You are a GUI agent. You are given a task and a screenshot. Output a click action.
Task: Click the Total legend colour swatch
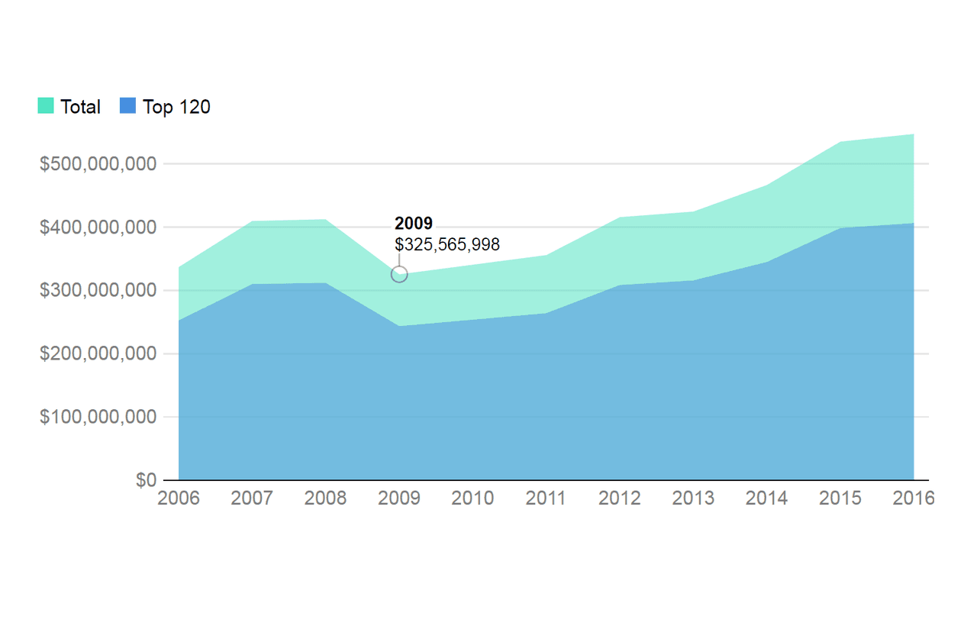click(x=46, y=106)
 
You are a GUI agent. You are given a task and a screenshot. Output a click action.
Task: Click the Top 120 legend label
click(x=176, y=107)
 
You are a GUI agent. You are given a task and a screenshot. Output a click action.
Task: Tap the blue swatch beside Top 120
click(x=127, y=106)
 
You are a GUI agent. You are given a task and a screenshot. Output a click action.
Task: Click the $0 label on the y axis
click(x=146, y=480)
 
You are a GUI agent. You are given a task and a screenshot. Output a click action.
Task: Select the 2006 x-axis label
click(x=178, y=498)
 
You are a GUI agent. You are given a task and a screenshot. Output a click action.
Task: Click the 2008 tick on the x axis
click(x=325, y=498)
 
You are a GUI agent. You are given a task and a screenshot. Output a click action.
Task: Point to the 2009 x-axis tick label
click(x=399, y=498)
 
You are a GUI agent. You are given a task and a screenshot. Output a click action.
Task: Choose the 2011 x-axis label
click(x=547, y=498)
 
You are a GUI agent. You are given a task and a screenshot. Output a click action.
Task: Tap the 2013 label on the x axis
click(x=693, y=498)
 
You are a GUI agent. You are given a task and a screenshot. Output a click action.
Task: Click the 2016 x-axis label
click(x=914, y=498)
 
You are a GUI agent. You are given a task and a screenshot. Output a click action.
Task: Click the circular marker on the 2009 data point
click(x=399, y=274)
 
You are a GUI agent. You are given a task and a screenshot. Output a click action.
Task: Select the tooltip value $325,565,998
click(x=447, y=244)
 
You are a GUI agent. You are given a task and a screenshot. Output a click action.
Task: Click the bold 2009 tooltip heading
click(x=414, y=224)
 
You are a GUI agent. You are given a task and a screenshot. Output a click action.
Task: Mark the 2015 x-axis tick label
click(x=840, y=498)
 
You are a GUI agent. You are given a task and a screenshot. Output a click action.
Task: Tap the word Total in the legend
click(x=80, y=107)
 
